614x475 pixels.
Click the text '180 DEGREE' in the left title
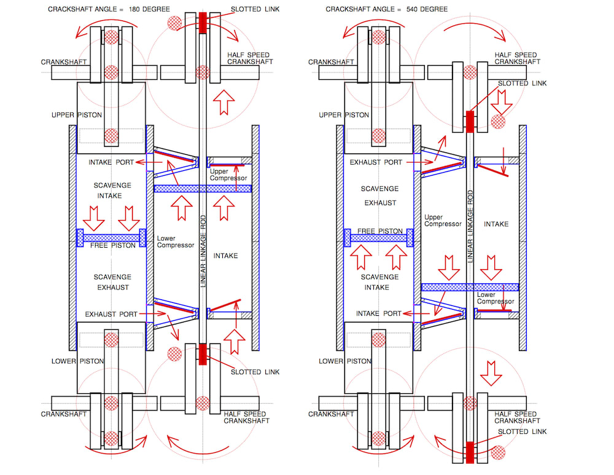pyautogui.click(x=149, y=9)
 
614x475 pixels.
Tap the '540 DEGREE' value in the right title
pyautogui.click(x=427, y=9)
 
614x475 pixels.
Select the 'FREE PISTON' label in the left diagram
pyautogui.click(x=113, y=245)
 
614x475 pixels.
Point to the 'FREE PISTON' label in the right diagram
pyautogui.click(x=380, y=231)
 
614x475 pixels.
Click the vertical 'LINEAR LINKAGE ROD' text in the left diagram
pyautogui.click(x=203, y=251)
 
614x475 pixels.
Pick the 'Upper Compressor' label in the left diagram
pyautogui.click(x=228, y=175)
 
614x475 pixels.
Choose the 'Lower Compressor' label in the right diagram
pyautogui.click(x=495, y=298)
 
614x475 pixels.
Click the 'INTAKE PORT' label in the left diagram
pyautogui.click(x=111, y=162)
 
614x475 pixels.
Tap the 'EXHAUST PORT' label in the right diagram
pyautogui.click(x=376, y=162)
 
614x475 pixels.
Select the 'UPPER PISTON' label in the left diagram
pyautogui.click(x=77, y=115)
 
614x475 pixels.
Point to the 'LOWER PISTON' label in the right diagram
pyautogui.click(x=345, y=361)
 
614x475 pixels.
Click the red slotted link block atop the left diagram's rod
pyautogui.click(x=203, y=23)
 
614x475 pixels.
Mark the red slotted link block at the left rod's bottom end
pyautogui.click(x=203, y=355)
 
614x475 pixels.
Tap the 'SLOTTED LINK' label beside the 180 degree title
pyautogui.click(x=255, y=9)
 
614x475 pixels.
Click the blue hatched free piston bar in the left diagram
pyautogui.click(x=111, y=238)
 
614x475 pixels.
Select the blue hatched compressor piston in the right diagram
pyautogui.click(x=470, y=287)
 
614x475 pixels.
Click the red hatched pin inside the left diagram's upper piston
pyautogui.click(x=111, y=136)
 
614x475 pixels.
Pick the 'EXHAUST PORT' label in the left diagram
pyautogui.click(x=111, y=315)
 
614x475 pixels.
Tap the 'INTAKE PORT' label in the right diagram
pyautogui.click(x=379, y=313)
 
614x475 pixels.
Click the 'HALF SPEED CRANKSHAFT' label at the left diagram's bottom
pyautogui.click(x=246, y=417)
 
